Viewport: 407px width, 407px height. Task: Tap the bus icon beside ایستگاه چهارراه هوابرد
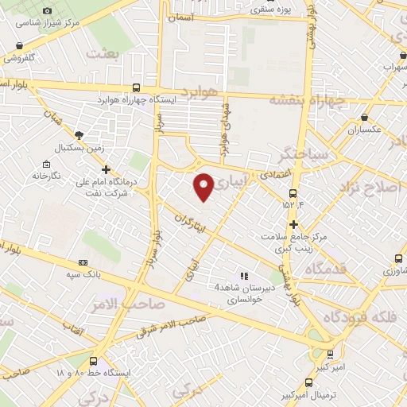pos(136,88)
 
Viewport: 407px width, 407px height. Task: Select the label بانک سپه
pos(58,274)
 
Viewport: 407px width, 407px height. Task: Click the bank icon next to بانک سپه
pos(83,263)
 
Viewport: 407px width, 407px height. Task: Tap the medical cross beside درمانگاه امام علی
pos(106,169)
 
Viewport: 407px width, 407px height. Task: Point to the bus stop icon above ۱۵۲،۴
pos(293,192)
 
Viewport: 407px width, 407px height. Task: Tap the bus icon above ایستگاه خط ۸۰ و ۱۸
pos(94,360)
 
